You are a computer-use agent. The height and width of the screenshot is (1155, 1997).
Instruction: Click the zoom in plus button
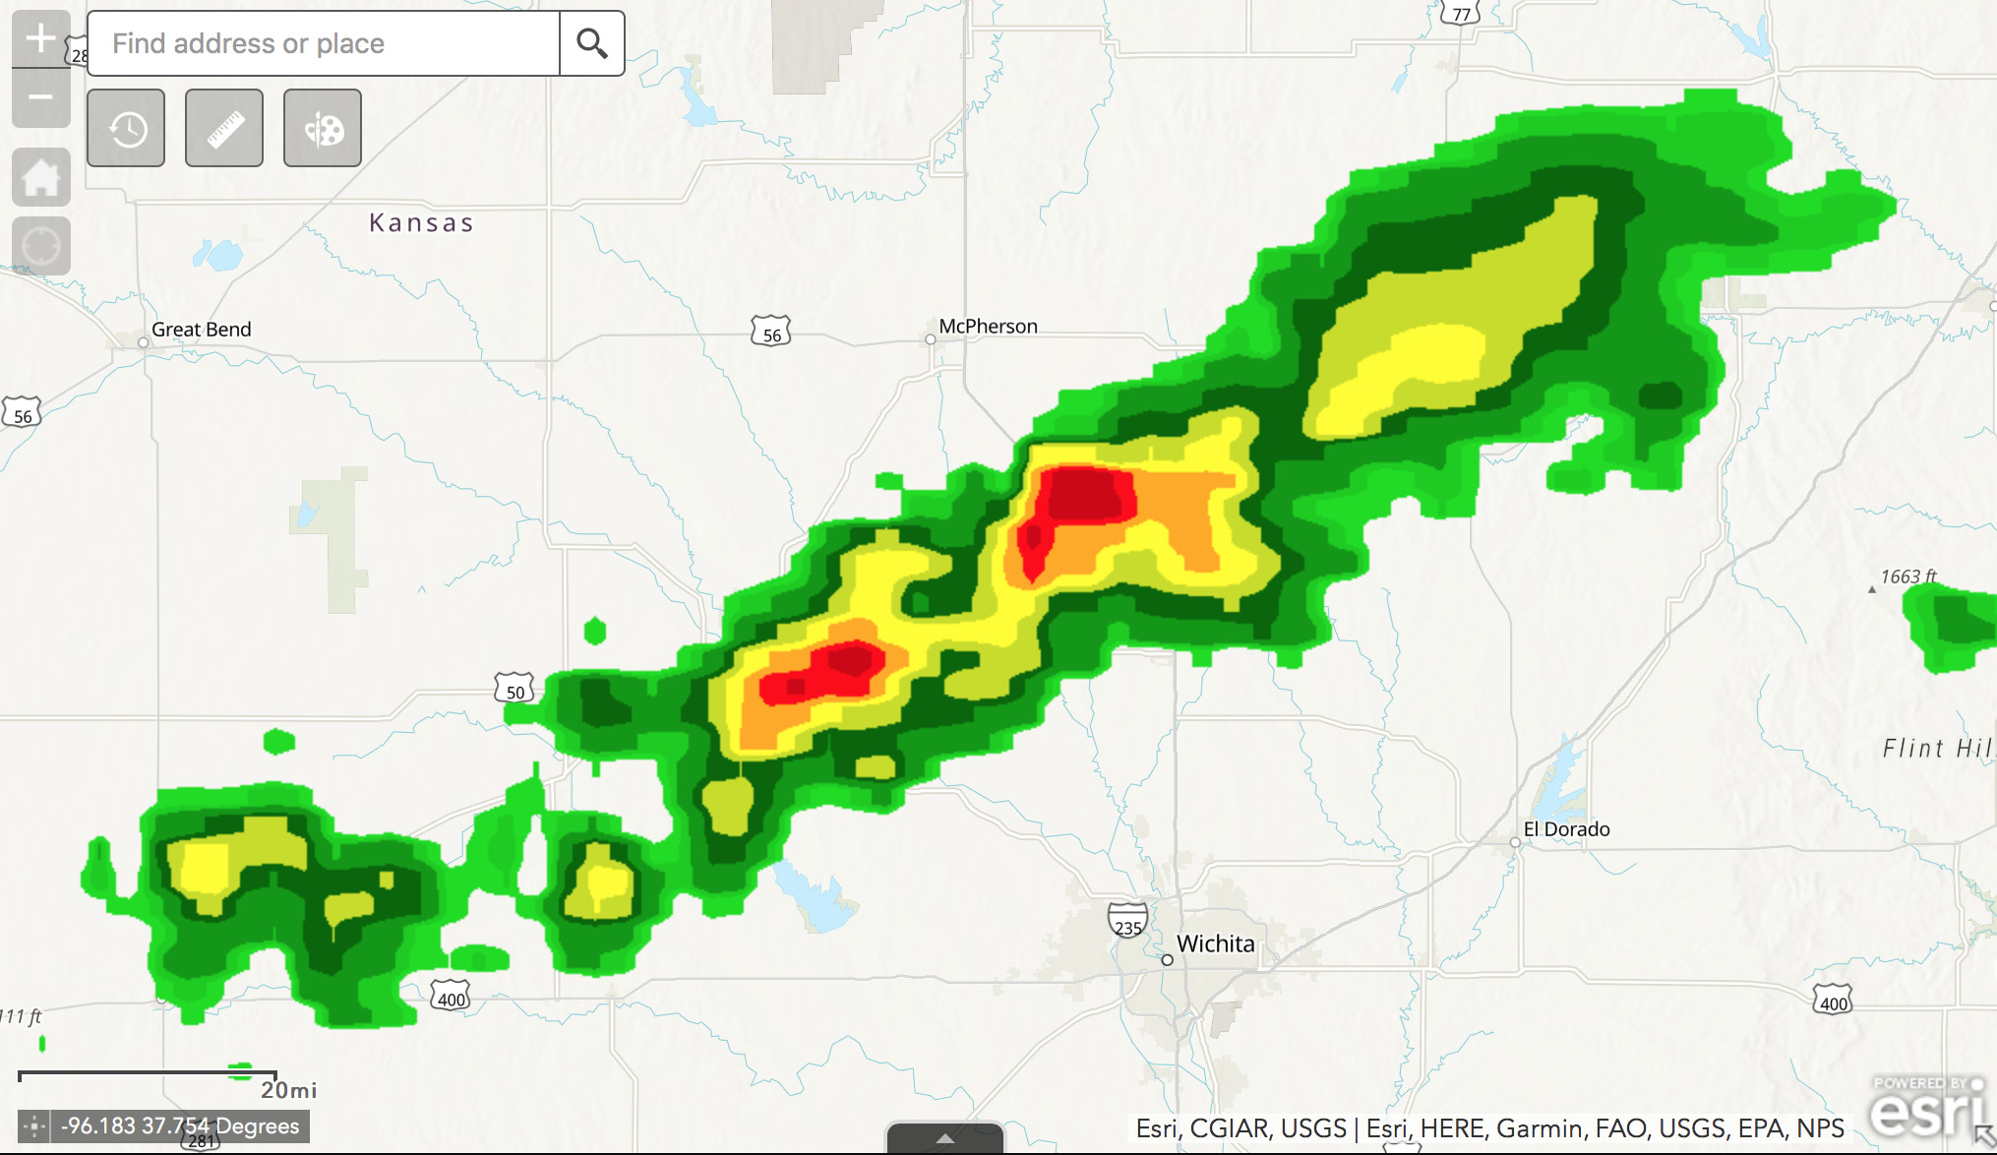(40, 39)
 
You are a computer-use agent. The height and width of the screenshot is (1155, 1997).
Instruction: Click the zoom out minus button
(40, 97)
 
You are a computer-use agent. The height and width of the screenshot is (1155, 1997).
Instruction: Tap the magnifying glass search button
(591, 43)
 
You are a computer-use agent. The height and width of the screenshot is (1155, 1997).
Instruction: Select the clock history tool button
(126, 128)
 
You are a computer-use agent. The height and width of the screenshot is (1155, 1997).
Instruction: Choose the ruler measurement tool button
(224, 128)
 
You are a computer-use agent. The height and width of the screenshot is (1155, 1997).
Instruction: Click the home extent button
(40, 178)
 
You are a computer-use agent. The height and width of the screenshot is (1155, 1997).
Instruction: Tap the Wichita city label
(1215, 944)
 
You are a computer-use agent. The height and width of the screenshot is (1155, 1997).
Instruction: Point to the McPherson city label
(988, 327)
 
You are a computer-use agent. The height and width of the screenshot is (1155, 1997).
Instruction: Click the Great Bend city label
(201, 330)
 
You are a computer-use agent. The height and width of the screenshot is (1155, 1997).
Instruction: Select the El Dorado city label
(1566, 829)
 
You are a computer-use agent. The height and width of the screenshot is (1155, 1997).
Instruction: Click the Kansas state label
(421, 223)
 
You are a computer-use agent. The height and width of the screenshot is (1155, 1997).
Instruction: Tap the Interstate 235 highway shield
(1127, 922)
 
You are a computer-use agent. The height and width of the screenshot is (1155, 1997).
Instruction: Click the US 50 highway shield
(514, 689)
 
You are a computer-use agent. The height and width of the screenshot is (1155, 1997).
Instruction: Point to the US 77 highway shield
(1461, 13)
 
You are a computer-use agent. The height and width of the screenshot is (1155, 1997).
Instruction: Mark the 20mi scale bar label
(288, 1090)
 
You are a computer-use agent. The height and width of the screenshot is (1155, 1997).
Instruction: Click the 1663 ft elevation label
(1908, 577)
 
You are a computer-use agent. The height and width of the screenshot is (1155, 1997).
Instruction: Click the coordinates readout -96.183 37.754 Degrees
(180, 1126)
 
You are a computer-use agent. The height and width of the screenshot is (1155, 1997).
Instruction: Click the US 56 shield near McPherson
(771, 333)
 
